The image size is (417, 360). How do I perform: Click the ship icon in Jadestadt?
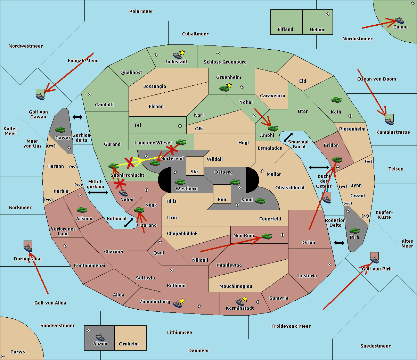[177, 55]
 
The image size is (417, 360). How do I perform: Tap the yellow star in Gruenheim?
[229, 85]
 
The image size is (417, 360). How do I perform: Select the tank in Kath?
[336, 100]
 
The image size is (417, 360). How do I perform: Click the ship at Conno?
[400, 20]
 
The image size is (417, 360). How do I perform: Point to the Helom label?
[317, 30]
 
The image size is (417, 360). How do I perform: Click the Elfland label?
[285, 30]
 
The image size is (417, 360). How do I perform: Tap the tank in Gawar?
[60, 130]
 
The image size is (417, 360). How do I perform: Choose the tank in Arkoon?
[82, 210]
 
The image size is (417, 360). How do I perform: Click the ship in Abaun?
[100, 337]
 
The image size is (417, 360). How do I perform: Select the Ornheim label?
[129, 344]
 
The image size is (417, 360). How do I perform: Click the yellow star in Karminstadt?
[245, 299]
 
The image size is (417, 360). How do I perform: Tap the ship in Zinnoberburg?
[177, 304]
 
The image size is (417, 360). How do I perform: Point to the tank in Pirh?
[354, 231]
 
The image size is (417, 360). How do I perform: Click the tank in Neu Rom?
[267, 236]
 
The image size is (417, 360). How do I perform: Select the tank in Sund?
[260, 201]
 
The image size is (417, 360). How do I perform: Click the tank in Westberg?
[180, 182]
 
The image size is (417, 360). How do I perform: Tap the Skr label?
[195, 172]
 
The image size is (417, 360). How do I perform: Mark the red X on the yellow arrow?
[130, 162]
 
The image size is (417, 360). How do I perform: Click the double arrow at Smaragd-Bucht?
[288, 137]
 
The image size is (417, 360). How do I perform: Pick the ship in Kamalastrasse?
[389, 121]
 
